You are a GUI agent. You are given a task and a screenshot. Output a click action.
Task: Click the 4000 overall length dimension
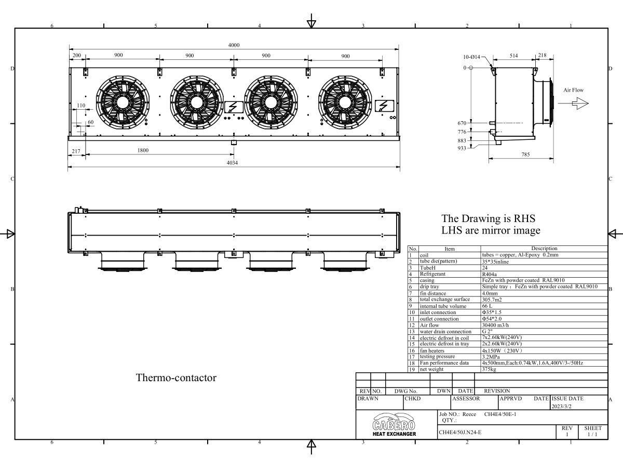[x=234, y=45]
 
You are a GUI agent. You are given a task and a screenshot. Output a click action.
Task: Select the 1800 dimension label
[x=143, y=151]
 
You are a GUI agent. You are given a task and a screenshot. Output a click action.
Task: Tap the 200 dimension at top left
[x=76, y=56]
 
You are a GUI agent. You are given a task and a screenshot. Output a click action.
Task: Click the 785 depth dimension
[x=525, y=154]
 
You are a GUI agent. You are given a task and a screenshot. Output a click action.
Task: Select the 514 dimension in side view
[x=514, y=56]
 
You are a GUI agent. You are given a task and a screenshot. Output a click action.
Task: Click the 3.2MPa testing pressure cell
[x=492, y=357]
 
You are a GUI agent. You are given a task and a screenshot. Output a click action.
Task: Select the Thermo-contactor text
[x=176, y=378]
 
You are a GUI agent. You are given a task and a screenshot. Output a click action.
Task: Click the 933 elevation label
[x=462, y=149]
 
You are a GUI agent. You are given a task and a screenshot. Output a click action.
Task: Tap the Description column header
[x=544, y=249]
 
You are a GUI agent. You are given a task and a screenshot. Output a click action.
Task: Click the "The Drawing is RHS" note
[x=488, y=218]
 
